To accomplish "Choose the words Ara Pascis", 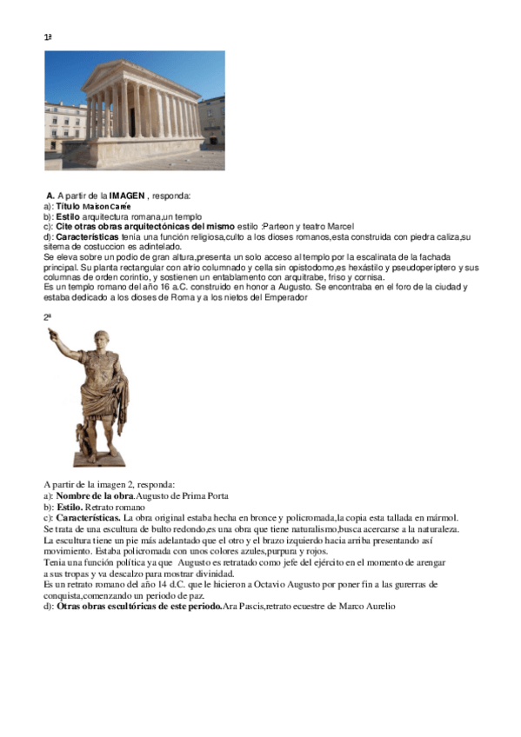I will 245,606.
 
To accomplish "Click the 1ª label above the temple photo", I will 49,37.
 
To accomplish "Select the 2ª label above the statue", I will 49,317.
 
